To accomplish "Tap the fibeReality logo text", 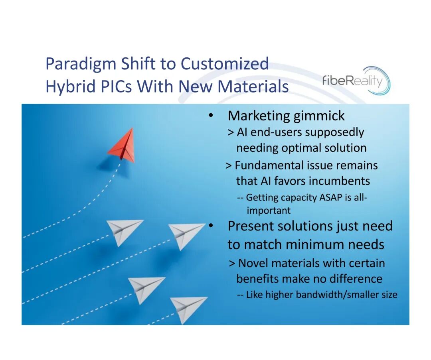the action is pyautogui.click(x=352, y=81).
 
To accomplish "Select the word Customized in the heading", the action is pyautogui.click(x=225, y=64).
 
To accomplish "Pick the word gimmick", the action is pyautogui.click(x=319, y=116).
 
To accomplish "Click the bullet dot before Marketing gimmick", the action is pyautogui.click(x=211, y=116).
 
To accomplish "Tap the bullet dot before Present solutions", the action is pyautogui.click(x=211, y=226).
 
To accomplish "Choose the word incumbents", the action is pyautogui.click(x=339, y=181).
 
